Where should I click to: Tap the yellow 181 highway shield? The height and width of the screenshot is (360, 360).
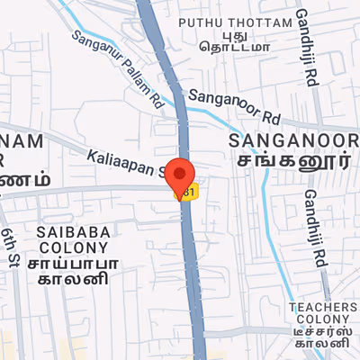pyautogui.click(x=187, y=193)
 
